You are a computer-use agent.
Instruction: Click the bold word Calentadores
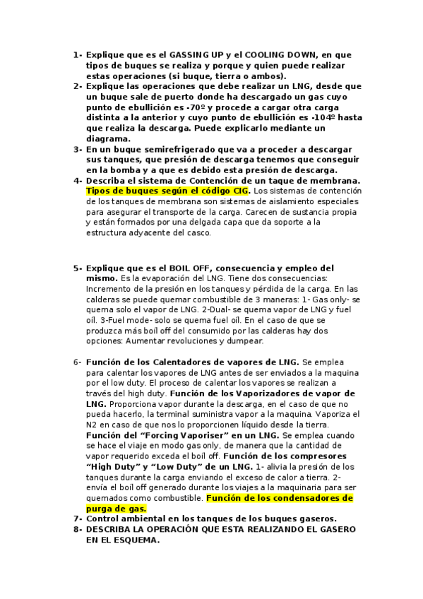pos(185,362)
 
